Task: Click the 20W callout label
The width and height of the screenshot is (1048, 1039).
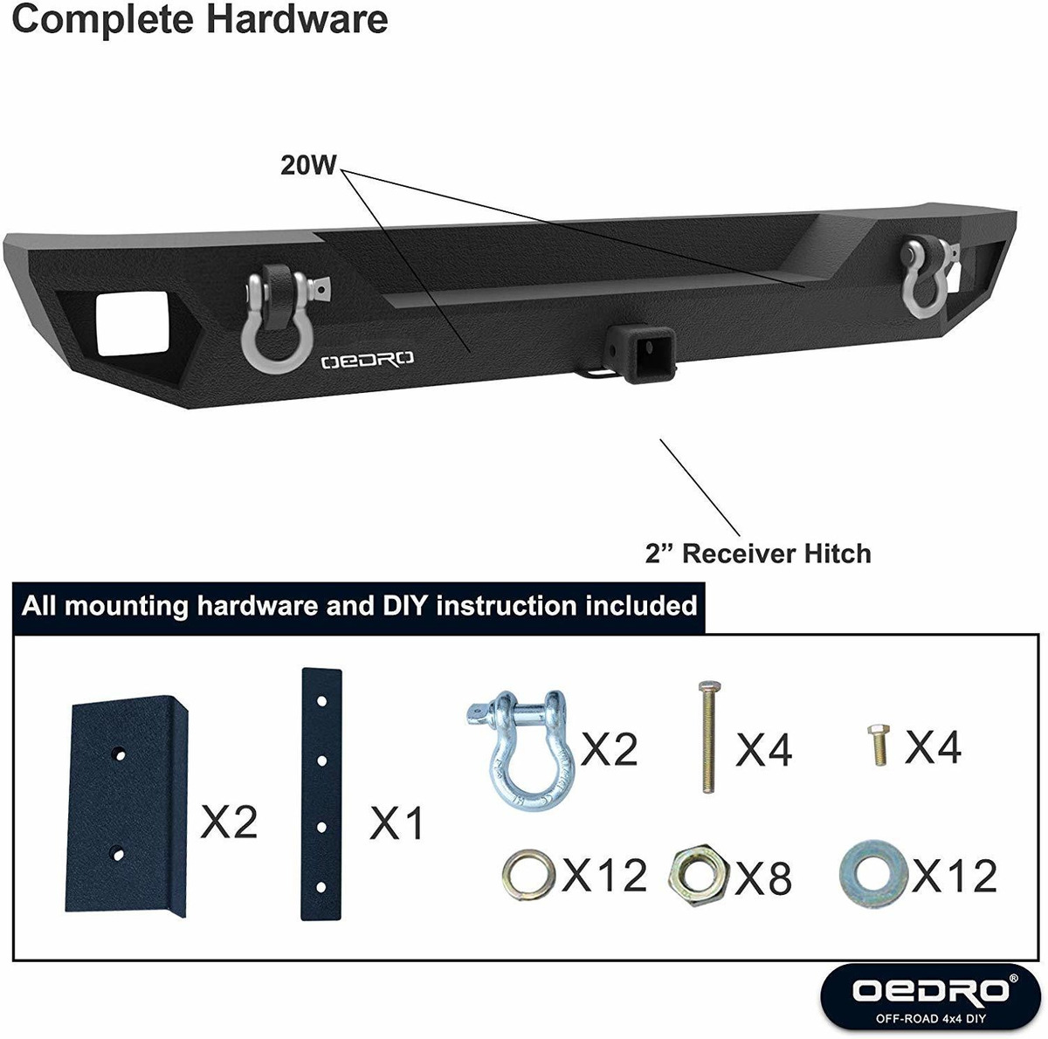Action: pyautogui.click(x=308, y=165)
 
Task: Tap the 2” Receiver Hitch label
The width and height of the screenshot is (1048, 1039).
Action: pyautogui.click(x=758, y=554)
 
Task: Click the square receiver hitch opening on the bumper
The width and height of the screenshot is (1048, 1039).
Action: pyautogui.click(x=650, y=354)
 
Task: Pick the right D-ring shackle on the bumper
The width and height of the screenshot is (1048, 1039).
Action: pyautogui.click(x=927, y=278)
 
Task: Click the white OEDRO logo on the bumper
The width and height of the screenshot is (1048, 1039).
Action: pyautogui.click(x=367, y=360)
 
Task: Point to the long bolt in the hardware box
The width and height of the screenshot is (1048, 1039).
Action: pyautogui.click(x=708, y=736)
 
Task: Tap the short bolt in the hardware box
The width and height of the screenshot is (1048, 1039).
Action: pyautogui.click(x=878, y=745)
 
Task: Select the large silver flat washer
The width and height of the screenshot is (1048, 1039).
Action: pyautogui.click(x=873, y=874)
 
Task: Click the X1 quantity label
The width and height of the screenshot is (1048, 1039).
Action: pyautogui.click(x=396, y=823)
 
